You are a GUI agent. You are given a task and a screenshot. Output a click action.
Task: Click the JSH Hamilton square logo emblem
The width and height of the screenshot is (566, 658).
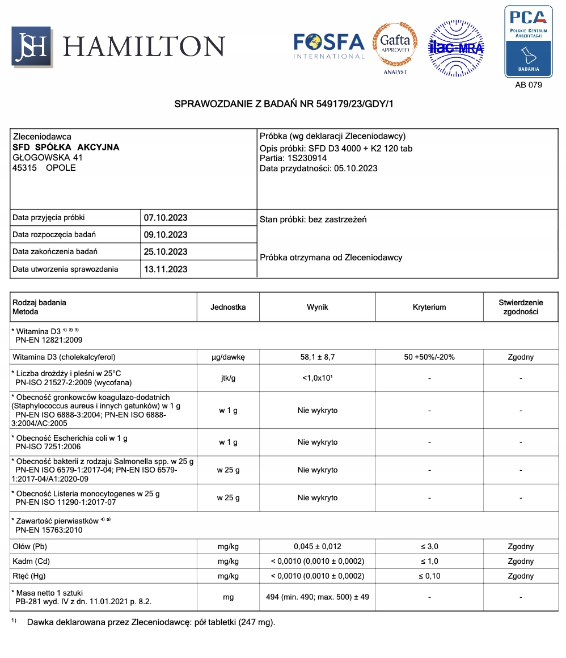pyautogui.click(x=32, y=47)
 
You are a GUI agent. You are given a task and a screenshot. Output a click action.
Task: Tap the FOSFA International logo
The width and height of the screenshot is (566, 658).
pyautogui.click(x=328, y=46)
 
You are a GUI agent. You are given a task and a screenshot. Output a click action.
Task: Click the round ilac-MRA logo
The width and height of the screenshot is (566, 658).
pyautogui.click(x=455, y=48)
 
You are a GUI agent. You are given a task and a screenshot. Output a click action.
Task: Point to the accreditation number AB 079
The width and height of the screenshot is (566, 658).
pyautogui.click(x=528, y=85)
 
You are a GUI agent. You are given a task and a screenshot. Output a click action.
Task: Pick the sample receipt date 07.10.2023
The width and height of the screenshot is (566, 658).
pyautogui.click(x=165, y=218)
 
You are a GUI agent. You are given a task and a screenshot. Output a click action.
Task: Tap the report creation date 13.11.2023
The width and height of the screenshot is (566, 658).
pyautogui.click(x=165, y=269)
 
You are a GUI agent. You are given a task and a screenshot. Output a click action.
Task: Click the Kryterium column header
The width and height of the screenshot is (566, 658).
pyautogui.click(x=429, y=307)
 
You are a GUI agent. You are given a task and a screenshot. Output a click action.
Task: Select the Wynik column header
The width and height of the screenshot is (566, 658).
pyautogui.click(x=317, y=307)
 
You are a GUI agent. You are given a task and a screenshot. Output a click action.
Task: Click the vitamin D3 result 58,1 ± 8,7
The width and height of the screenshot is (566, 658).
pyautogui.click(x=317, y=357)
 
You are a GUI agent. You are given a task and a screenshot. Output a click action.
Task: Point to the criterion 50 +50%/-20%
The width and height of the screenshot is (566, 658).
pyautogui.click(x=429, y=357)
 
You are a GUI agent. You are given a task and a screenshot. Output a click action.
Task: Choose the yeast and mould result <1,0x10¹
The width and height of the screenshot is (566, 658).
pyautogui.click(x=317, y=378)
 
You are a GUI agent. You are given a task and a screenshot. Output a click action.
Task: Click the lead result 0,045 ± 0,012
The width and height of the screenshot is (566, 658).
pyautogui.click(x=317, y=547)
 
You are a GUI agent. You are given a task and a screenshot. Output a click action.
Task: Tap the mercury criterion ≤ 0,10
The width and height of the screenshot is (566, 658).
pyautogui.click(x=429, y=576)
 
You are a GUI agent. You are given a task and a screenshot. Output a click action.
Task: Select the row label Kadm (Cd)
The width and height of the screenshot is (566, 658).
pyautogui.click(x=31, y=562)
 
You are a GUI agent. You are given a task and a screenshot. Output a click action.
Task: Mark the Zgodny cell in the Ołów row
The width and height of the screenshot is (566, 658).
pyautogui.click(x=520, y=547)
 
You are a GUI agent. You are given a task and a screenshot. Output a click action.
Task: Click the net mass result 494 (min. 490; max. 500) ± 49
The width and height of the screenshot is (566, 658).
pyautogui.click(x=317, y=597)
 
